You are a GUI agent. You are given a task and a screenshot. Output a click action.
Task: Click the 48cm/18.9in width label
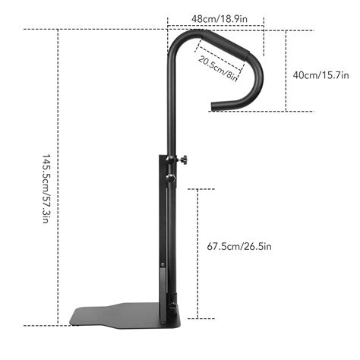219,19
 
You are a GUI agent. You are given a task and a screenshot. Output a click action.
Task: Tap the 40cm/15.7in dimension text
321,75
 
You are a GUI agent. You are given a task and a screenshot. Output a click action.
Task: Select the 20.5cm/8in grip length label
218,68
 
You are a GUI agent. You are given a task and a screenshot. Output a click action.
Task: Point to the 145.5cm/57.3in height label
46,188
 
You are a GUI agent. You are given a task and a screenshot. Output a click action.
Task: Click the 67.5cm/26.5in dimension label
239,246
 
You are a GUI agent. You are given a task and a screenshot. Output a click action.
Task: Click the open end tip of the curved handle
213,107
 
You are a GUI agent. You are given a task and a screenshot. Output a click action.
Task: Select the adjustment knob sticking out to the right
183,160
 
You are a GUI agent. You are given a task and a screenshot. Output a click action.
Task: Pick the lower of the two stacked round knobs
171,178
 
